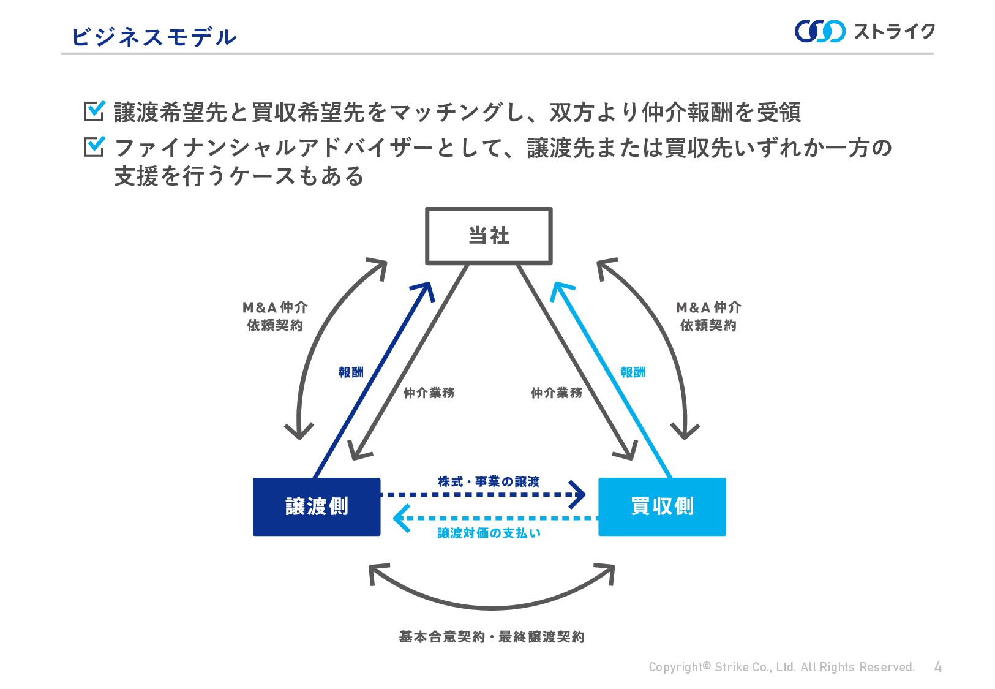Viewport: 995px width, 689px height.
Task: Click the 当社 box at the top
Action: coord(489,236)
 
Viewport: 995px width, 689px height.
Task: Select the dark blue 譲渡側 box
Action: coord(317,506)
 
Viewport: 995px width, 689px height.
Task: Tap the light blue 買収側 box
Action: coord(662,506)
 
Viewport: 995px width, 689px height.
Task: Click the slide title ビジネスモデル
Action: coord(154,37)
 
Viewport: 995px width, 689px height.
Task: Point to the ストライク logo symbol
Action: coord(820,31)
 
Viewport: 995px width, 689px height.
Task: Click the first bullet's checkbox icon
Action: coord(94,111)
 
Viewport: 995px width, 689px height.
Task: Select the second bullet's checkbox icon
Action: coord(94,146)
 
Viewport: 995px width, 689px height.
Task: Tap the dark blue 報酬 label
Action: coord(351,372)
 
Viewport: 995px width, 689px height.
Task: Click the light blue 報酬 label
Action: coord(633,372)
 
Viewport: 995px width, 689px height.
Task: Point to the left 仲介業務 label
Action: coord(429,393)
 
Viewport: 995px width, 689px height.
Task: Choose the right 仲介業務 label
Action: coord(556,393)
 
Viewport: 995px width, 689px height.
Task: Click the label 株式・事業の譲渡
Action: coord(489,482)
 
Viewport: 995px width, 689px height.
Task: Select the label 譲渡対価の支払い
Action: coord(489,533)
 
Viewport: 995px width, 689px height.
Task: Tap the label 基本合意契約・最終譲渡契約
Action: coord(492,637)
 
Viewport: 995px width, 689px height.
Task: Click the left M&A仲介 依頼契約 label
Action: coord(275,316)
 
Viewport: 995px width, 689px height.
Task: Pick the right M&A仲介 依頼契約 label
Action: coord(708,316)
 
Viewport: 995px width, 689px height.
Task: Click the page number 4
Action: coord(937,667)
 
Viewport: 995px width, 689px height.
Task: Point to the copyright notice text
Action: coord(781,667)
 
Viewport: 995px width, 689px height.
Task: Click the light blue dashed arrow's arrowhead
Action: coord(400,519)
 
